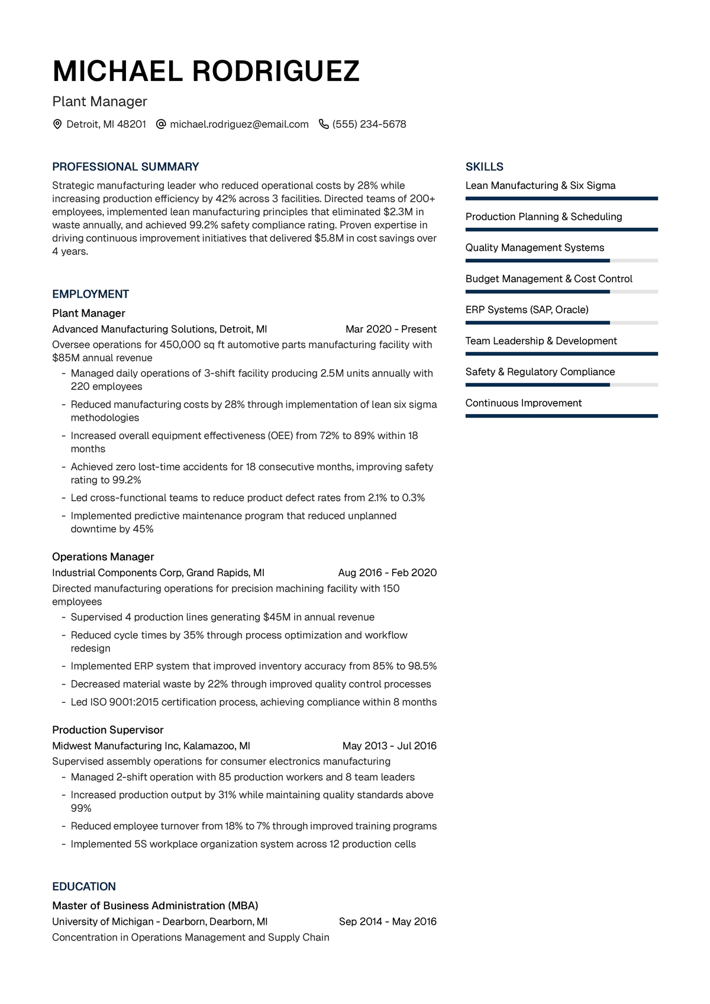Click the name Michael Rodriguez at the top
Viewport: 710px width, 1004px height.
click(x=206, y=72)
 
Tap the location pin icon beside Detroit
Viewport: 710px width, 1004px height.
click(x=57, y=124)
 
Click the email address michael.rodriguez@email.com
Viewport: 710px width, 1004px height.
click(x=239, y=124)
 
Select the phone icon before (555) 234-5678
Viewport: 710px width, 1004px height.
click(x=324, y=124)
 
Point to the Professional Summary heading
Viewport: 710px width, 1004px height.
click(x=125, y=167)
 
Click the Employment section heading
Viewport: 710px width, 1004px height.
click(x=91, y=294)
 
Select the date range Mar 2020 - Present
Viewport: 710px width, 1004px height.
click(x=390, y=329)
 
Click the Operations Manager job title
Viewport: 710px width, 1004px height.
click(x=103, y=557)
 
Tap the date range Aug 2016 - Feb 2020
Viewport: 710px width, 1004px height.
click(x=387, y=573)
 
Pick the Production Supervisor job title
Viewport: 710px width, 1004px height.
click(x=108, y=730)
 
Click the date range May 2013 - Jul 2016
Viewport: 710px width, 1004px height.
click(x=389, y=746)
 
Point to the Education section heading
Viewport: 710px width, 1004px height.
click(x=84, y=886)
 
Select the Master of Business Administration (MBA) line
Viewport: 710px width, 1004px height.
click(x=155, y=906)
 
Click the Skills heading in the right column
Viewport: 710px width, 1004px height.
click(x=485, y=167)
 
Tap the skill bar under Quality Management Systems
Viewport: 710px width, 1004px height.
click(x=561, y=261)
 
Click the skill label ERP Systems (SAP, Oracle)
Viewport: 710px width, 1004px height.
click(x=527, y=310)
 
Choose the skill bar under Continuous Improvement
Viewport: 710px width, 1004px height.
click(x=561, y=416)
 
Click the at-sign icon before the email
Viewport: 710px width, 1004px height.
click(x=161, y=124)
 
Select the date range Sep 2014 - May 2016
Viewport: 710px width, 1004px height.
click(x=388, y=922)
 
